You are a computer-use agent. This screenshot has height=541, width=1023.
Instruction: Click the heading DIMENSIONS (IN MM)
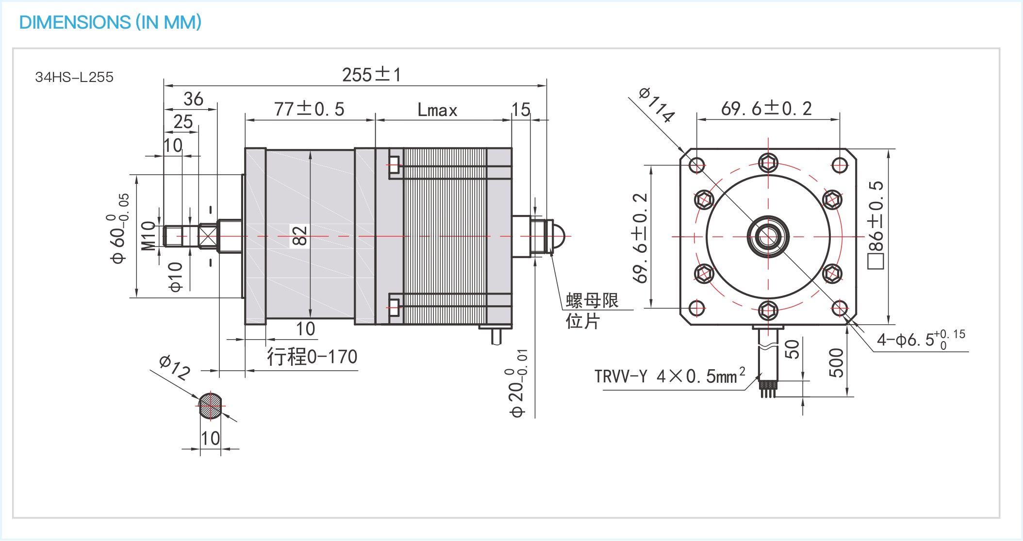point(110,22)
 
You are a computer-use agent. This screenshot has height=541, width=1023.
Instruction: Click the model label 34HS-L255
point(74,77)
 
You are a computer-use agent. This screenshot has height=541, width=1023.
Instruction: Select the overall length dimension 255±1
point(371,75)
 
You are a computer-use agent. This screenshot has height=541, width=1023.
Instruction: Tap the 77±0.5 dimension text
point(309,109)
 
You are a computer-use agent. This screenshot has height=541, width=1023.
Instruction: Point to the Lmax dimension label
point(437,111)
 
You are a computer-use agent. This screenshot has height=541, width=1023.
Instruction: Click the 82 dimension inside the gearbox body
point(299,236)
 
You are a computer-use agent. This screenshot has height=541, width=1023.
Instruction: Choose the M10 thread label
point(148,236)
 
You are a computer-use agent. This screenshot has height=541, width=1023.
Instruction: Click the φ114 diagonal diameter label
point(657,104)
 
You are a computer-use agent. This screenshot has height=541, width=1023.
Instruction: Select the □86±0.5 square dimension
point(876,225)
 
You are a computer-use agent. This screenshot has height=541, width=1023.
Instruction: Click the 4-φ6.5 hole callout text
point(920,339)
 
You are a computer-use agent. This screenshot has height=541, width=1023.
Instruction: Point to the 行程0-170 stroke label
point(312,357)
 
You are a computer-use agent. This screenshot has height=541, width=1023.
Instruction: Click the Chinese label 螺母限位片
point(591,311)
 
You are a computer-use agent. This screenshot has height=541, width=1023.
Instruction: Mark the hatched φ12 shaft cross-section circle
point(211,405)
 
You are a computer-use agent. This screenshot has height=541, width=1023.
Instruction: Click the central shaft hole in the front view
point(768,237)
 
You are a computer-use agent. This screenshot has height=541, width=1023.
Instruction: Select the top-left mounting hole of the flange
point(697,165)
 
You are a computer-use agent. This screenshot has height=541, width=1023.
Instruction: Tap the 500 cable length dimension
point(836,362)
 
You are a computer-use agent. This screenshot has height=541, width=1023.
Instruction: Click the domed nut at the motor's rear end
point(559,236)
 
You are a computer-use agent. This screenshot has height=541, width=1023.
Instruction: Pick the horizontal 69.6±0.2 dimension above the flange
point(766,109)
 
